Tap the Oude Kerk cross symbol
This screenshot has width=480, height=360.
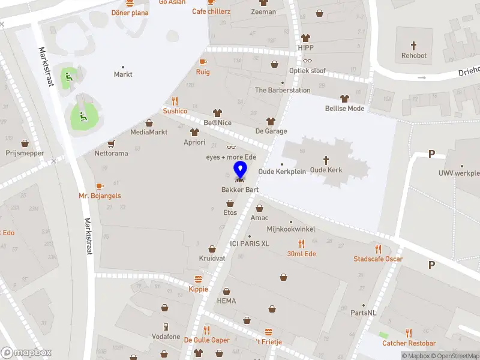click(326, 160)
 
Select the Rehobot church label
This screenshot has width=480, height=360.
click(414, 56)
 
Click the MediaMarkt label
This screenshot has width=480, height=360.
click(149, 132)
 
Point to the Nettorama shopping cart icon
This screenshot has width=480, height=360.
click(111, 144)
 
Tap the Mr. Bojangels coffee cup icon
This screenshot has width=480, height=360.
click(100, 186)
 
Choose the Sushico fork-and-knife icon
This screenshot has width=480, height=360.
click(175, 101)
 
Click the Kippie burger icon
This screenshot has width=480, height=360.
click(198, 279)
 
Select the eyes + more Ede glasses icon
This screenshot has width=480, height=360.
click(231, 148)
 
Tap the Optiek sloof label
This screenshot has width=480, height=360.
click(307, 71)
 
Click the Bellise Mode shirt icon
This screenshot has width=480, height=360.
click(344, 98)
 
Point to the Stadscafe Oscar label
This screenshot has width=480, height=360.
click(378, 259)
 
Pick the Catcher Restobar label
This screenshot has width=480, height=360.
click(409, 343)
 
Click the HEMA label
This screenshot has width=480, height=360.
click(226, 301)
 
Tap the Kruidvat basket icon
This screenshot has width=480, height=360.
click(212, 248)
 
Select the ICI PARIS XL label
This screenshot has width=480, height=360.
click(249, 244)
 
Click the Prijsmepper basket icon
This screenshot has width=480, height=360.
click(25, 143)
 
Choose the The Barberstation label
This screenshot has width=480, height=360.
click(283, 91)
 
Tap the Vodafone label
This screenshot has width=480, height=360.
click(166, 337)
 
